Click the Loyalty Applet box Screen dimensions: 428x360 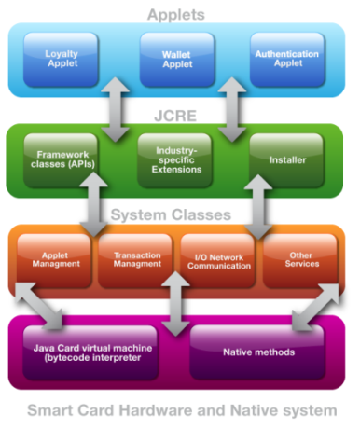click(x=62, y=60)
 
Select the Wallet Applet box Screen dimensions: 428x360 click(x=176, y=60)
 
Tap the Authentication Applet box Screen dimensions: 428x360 click(x=287, y=60)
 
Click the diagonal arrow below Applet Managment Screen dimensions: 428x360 click(x=38, y=306)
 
